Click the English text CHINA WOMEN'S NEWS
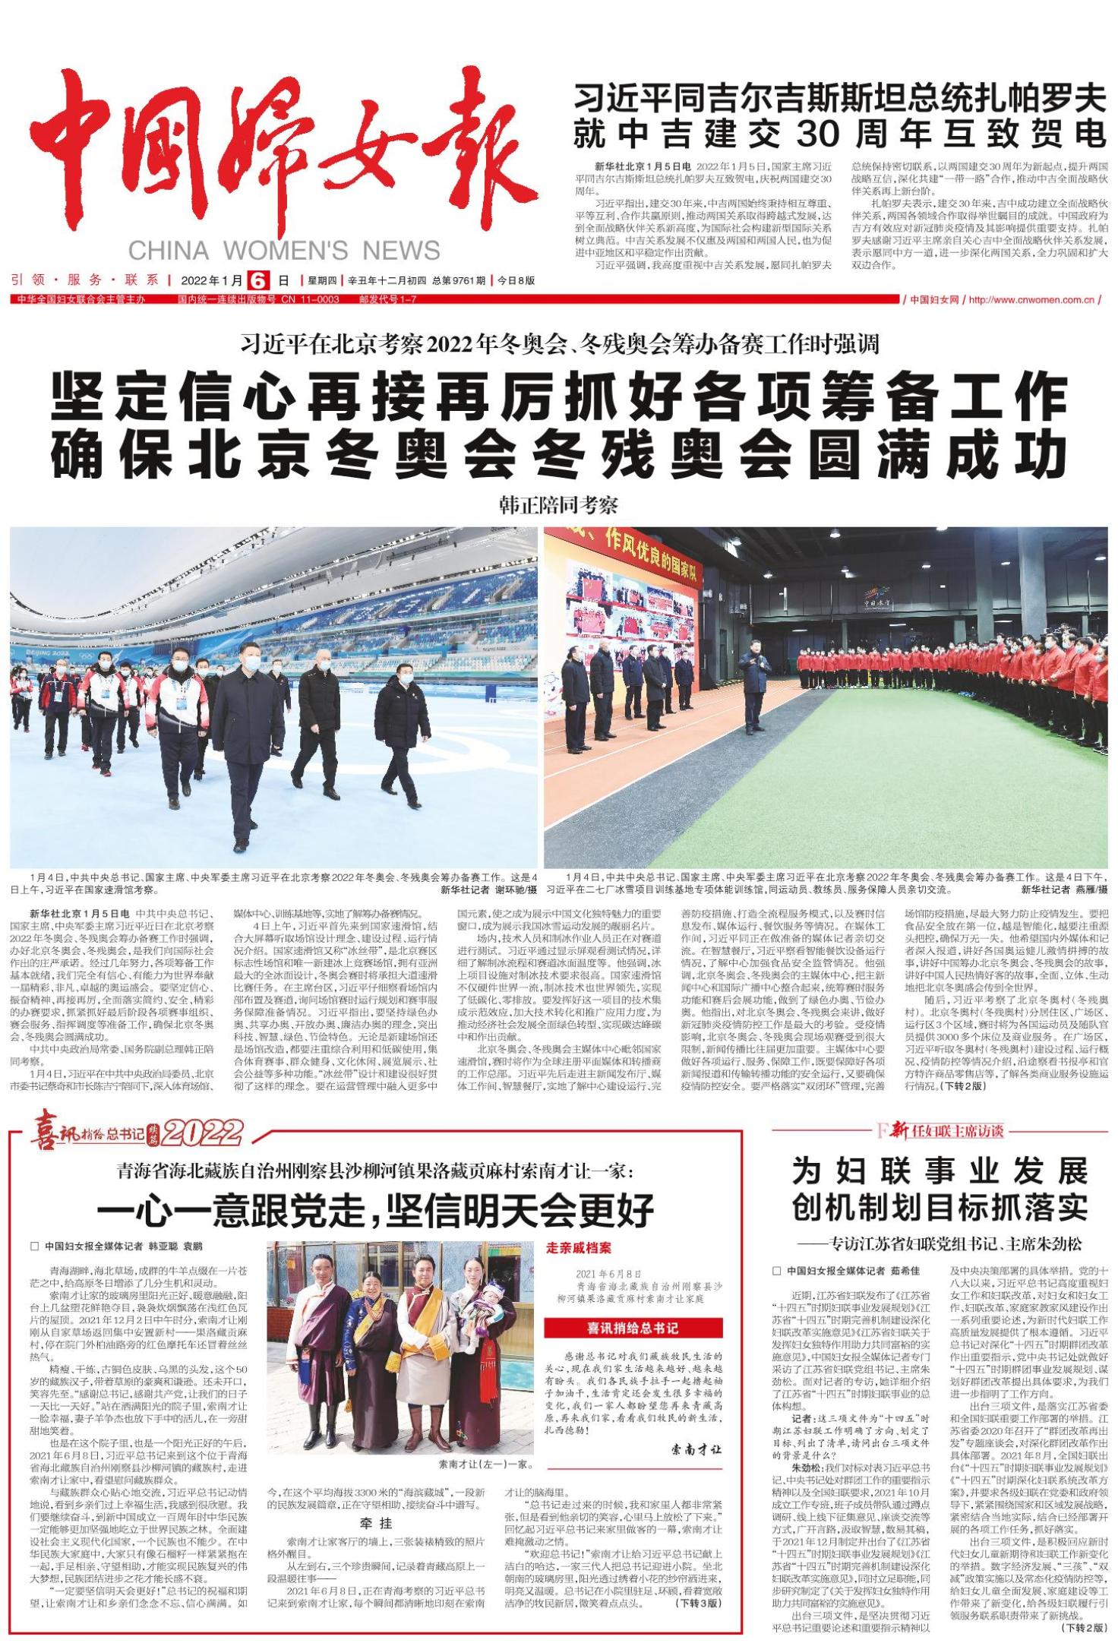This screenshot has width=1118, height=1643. (284, 251)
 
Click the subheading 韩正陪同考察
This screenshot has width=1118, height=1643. (558, 504)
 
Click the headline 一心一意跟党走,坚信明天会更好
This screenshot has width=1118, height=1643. (375, 1209)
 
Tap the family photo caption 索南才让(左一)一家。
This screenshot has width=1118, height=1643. (486, 1464)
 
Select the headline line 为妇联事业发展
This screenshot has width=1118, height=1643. (940, 1171)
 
